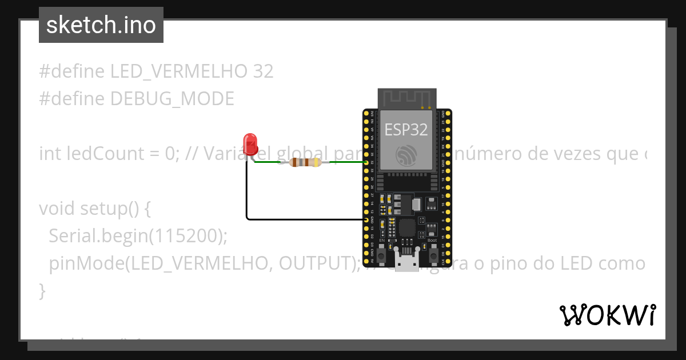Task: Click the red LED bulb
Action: pos(250,144)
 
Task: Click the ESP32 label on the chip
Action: pos(406,130)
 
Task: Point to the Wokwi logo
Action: pos(608,315)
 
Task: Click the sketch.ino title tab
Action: pos(101,25)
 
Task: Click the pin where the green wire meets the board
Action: pos(366,162)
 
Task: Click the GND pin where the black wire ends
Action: pos(366,219)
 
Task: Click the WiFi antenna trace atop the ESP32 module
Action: pos(406,98)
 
